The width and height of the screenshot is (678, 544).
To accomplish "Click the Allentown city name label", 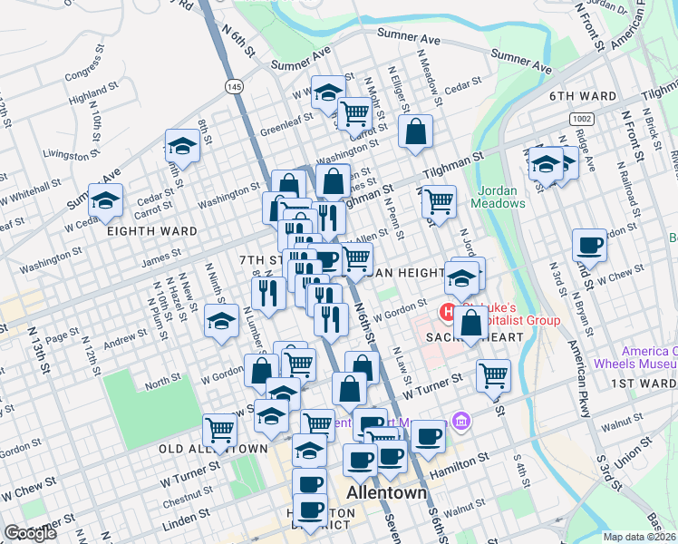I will (x=387, y=493).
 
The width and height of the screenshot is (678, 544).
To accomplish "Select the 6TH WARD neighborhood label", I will (x=581, y=95).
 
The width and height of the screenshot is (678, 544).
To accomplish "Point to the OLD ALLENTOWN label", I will (x=213, y=449).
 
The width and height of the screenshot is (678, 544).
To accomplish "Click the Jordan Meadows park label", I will (x=497, y=197).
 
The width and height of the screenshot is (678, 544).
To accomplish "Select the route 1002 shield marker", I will (x=581, y=119).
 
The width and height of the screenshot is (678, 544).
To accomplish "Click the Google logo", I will (x=30, y=533).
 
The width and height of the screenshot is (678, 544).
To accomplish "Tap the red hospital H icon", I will (x=447, y=314).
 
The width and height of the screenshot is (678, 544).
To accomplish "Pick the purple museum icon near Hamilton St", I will (x=460, y=421).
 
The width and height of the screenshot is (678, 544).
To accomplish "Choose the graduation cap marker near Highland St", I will (x=182, y=146).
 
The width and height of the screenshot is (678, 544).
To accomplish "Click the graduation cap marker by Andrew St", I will (x=221, y=321).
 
